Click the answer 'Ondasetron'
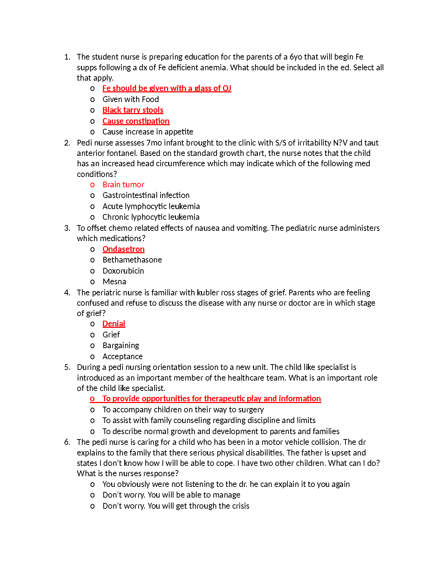click(x=123, y=249)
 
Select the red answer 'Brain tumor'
click(x=123, y=184)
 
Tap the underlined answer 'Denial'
click(x=114, y=324)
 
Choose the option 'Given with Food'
click(x=130, y=99)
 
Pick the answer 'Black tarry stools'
click(x=133, y=110)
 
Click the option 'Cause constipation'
click(x=136, y=121)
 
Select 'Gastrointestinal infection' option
click(x=146, y=195)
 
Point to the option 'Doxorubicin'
click(x=123, y=271)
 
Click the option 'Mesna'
click(x=114, y=281)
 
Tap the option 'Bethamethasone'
click(x=132, y=260)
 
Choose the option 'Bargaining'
click(x=121, y=345)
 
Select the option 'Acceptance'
click(x=122, y=356)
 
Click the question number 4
click(x=67, y=292)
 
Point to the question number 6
click(x=67, y=442)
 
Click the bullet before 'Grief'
click(x=92, y=335)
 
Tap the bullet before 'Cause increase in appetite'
click(x=92, y=132)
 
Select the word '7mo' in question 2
click(x=154, y=143)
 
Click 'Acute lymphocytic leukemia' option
click(x=151, y=206)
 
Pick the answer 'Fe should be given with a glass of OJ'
click(x=167, y=88)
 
